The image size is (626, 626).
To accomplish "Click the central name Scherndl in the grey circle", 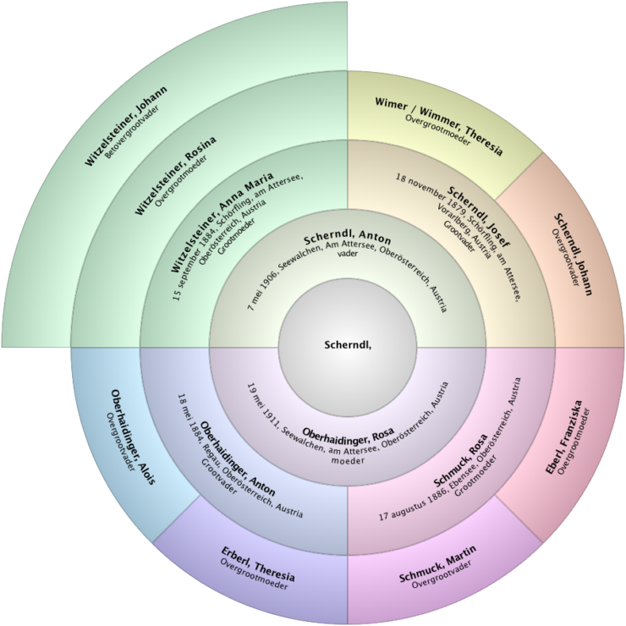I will pyautogui.click(x=347, y=344).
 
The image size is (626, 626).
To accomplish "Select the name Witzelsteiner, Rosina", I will pyautogui.click(x=175, y=174).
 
